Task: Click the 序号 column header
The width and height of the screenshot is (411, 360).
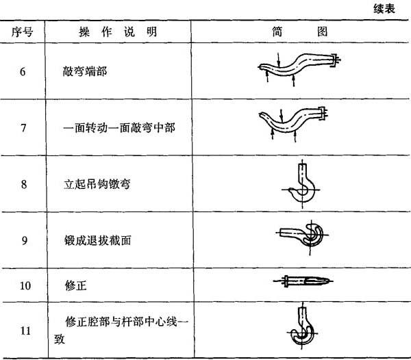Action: click(23, 32)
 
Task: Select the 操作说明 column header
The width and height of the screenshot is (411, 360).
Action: click(118, 32)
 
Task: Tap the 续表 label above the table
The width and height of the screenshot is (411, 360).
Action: click(384, 9)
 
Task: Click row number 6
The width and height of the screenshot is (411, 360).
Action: click(23, 71)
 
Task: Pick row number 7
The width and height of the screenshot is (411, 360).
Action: click(23, 128)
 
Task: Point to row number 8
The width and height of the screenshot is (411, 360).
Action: click(24, 184)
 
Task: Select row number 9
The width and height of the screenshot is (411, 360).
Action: click(25, 240)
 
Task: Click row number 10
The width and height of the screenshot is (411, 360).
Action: click(25, 285)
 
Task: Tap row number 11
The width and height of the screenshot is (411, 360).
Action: click(26, 331)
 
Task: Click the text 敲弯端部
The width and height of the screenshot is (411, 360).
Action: click(85, 71)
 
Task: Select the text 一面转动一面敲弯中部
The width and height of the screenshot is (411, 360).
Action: click(119, 128)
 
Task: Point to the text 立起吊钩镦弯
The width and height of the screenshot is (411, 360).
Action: click(97, 184)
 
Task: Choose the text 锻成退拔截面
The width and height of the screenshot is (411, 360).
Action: click(97, 240)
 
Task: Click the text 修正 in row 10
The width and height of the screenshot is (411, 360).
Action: click(76, 285)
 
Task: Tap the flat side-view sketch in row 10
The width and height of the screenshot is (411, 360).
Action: click(303, 281)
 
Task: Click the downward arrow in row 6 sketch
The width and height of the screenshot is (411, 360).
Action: click(279, 60)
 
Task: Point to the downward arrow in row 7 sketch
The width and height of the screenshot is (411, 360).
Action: click(282, 116)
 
